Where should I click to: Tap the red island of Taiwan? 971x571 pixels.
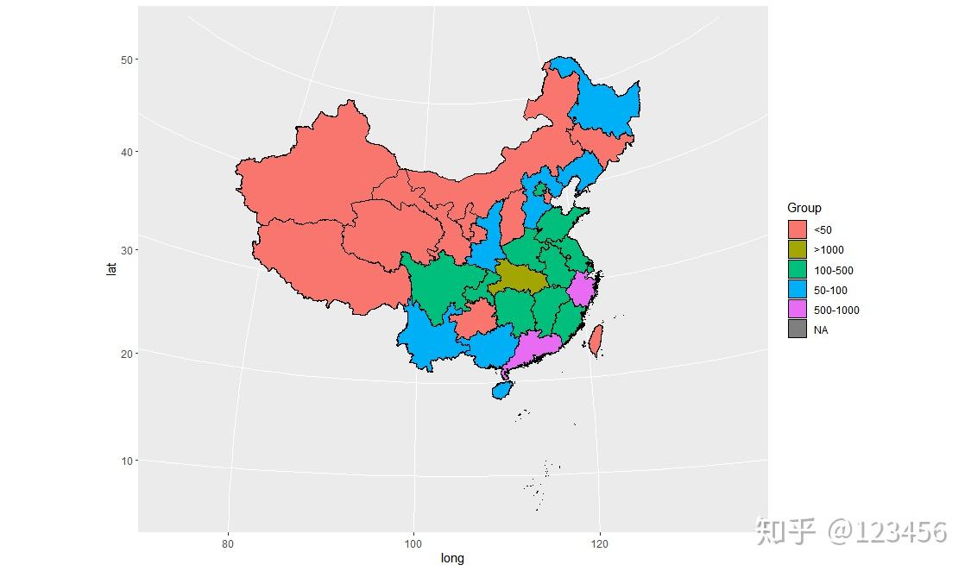pos(595,340)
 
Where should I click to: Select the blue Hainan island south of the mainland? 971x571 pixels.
pos(502,390)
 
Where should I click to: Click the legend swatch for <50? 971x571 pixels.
pos(797,229)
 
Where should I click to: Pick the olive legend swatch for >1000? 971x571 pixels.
pos(797,249)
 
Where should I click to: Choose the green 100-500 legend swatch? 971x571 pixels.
pos(797,270)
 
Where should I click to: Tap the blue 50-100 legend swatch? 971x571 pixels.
pos(797,290)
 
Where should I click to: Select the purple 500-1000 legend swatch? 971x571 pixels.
pos(797,310)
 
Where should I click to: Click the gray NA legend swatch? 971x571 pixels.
pos(797,329)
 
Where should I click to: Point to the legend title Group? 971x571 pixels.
pos(804,208)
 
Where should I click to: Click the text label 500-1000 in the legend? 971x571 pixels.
pos(836,311)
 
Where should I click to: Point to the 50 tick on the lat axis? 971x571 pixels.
pos(127,60)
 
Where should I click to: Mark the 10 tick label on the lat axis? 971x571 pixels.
pos(127,461)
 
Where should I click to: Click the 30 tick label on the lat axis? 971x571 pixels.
pos(127,250)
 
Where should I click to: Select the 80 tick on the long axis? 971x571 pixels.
pos(228,543)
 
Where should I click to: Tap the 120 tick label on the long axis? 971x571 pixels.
pos(599,543)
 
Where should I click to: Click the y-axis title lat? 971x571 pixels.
pos(110,269)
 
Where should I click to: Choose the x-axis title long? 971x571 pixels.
pos(452,559)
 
